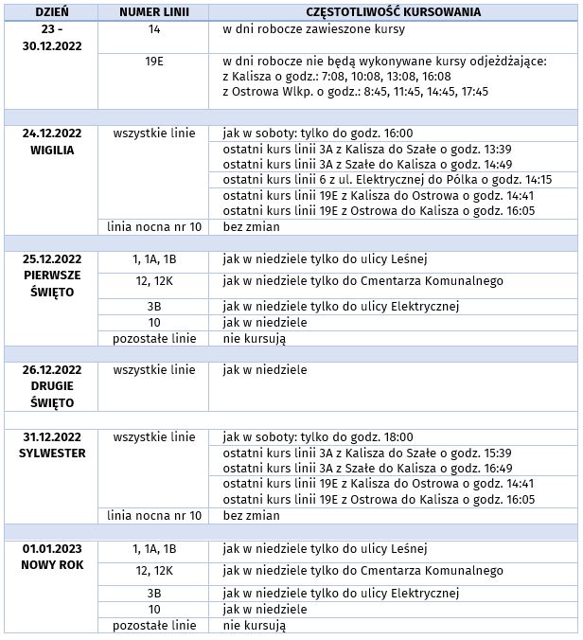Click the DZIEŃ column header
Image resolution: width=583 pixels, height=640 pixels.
pyautogui.click(x=51, y=12)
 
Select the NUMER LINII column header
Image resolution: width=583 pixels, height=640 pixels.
pyautogui.click(x=154, y=12)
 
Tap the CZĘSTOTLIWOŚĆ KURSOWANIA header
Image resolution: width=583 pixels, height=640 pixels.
pyautogui.click(x=393, y=12)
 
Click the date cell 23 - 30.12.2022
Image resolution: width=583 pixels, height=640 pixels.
pyautogui.click(x=51, y=38)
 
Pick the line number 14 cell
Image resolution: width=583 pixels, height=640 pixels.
pyautogui.click(x=154, y=30)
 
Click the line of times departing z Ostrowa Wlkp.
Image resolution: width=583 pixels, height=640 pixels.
pyautogui.click(x=355, y=92)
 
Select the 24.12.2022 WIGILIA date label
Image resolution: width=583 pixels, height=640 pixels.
pyautogui.click(x=51, y=141)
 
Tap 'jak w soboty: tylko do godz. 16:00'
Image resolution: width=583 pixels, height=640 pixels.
pyautogui.click(x=317, y=133)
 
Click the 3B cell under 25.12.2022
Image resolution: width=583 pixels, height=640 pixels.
pyautogui.click(x=154, y=306)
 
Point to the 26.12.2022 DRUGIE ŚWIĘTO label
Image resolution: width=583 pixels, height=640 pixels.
pyautogui.click(x=51, y=385)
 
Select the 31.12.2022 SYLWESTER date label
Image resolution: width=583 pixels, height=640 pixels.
pyautogui.click(x=51, y=444)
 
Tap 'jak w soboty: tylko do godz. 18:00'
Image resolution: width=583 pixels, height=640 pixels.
pyautogui.click(x=317, y=436)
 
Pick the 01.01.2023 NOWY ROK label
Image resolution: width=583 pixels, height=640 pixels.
pyautogui.click(x=51, y=556)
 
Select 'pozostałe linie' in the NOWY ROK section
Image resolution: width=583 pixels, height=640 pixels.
pyautogui.click(x=154, y=626)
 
